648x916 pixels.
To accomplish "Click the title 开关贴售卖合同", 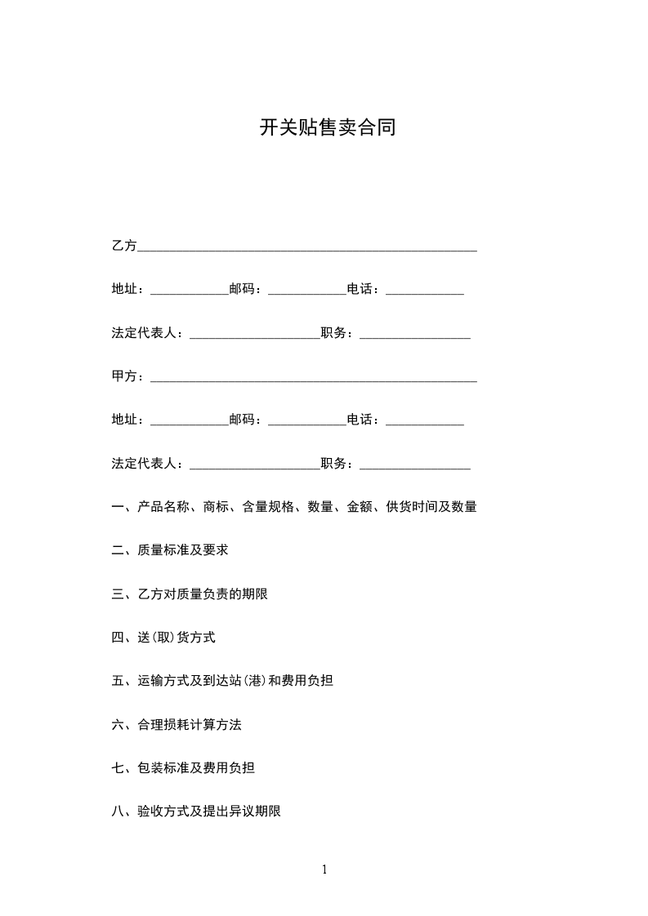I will [x=328, y=128].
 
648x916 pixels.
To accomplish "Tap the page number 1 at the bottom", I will [x=324, y=869].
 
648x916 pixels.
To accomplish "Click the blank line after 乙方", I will [x=307, y=247].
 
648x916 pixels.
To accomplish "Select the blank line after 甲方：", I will [x=314, y=378].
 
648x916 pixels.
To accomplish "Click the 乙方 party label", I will [x=124, y=246].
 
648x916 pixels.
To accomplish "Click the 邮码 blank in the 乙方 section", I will [x=307, y=291].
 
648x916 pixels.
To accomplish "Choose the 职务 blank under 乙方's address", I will [x=415, y=335].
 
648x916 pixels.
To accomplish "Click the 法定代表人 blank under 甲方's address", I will [x=255, y=465].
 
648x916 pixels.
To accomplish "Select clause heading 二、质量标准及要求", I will [x=170, y=550].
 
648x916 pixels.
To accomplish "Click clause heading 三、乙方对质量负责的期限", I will [x=190, y=594].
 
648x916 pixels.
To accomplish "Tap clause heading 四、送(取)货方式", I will [x=163, y=638].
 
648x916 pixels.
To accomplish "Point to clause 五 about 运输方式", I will [x=222, y=681].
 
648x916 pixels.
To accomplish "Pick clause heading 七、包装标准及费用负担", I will [x=183, y=768].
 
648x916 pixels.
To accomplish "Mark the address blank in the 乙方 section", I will [x=190, y=291].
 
